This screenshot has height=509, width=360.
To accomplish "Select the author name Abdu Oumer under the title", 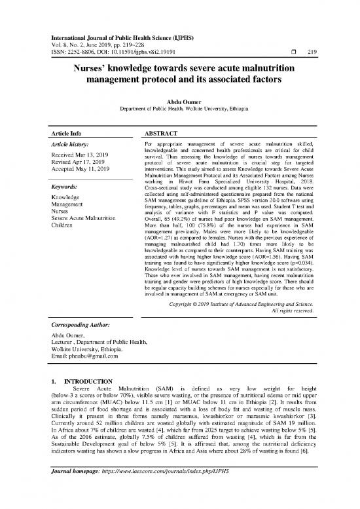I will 179,102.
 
